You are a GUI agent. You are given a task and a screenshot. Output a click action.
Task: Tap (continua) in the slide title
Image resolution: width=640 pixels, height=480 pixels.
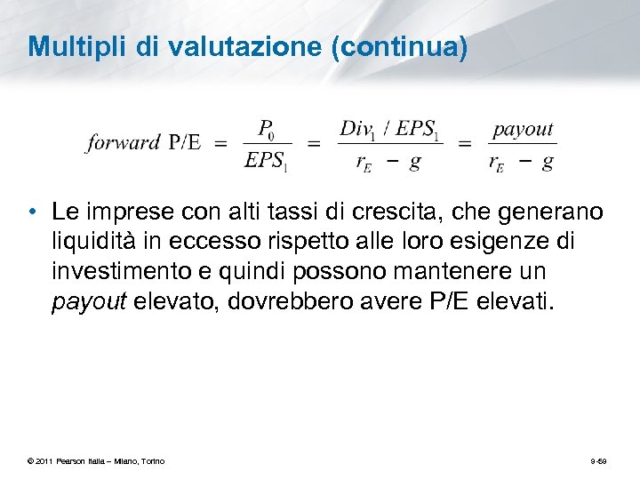398,46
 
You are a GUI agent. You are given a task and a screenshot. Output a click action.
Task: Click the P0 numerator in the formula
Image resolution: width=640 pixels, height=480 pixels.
267,129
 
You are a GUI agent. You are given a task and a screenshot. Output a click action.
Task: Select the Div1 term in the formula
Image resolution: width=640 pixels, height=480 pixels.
357,129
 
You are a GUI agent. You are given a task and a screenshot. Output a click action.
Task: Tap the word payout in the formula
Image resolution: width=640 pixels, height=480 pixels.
523,129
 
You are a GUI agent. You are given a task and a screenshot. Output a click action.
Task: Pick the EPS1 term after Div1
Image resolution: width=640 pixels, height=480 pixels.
418,129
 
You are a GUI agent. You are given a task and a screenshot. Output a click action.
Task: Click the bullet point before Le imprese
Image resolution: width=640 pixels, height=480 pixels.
33,212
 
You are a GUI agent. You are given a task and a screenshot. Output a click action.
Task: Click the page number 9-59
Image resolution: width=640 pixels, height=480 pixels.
598,460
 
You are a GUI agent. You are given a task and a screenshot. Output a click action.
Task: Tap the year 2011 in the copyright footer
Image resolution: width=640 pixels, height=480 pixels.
44,460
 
